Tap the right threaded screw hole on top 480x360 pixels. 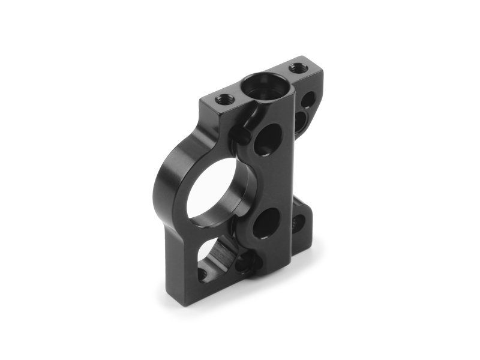point(296,68)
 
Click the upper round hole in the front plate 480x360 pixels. point(268,139)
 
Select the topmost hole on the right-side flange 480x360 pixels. point(308,97)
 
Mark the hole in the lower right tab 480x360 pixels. point(298,224)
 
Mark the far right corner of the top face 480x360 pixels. point(322,71)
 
